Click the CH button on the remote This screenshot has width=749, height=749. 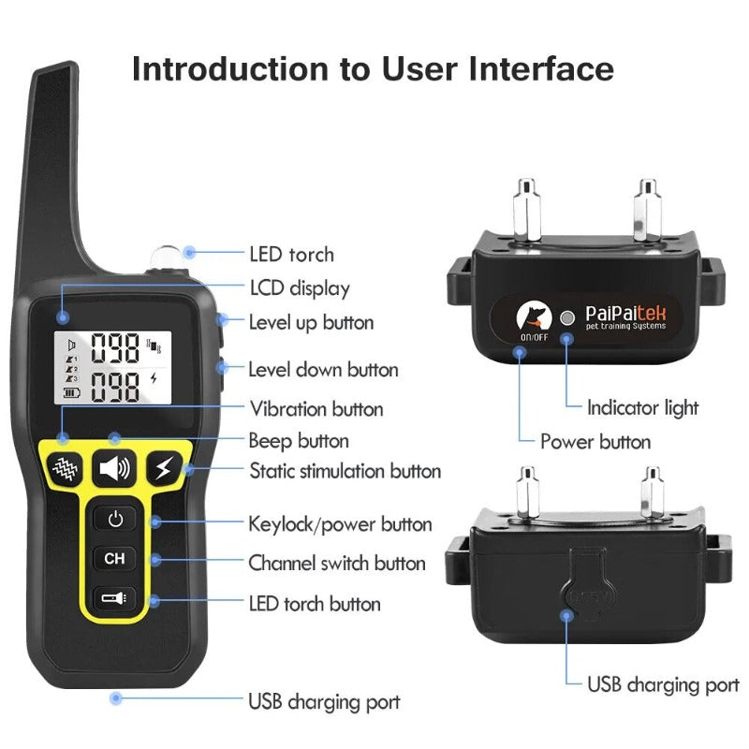pos(114,559)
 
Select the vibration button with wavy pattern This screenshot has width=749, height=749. pos(64,467)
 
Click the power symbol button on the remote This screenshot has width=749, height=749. pos(114,519)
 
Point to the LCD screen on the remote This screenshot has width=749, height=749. pos(113,366)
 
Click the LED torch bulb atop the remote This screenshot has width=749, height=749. pos(165,255)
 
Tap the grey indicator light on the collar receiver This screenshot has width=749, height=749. pos(565,316)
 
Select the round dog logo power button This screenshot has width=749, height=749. pos(533,316)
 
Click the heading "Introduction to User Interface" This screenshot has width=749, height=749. pos(373,69)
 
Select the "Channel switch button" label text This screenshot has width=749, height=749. pos(336,564)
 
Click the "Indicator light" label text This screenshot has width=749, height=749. pos(642,407)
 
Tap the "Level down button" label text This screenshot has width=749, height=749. pos(323,370)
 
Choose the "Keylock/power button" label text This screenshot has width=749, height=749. pos(340,523)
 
